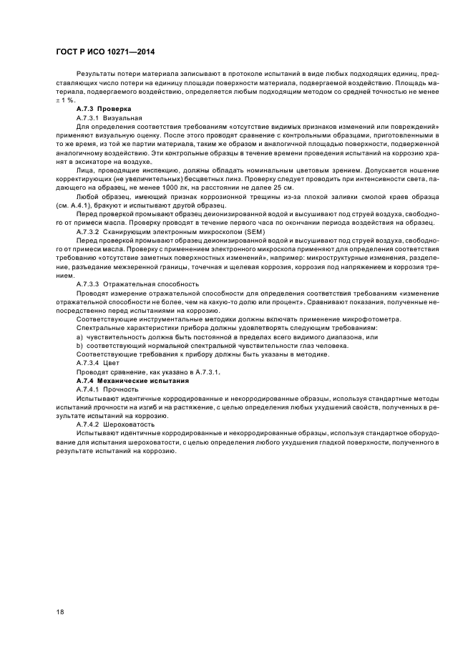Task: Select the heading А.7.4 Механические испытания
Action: click(x=132, y=380)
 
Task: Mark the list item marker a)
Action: click(x=79, y=336)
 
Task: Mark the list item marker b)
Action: click(x=79, y=345)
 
